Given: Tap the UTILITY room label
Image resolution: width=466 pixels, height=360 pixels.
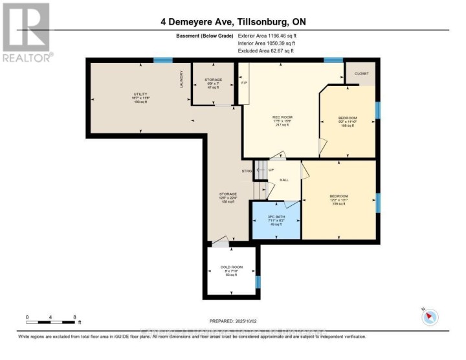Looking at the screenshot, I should pyautogui.click(x=131, y=95).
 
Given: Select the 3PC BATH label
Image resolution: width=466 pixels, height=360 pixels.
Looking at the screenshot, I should pyautogui.click(x=276, y=216).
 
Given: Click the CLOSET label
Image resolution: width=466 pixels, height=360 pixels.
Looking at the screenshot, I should pyautogui.click(x=361, y=74).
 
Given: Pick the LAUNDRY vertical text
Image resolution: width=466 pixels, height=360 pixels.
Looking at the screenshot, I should pyautogui.click(x=182, y=80).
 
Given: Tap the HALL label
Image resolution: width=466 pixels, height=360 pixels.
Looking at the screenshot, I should pyautogui.click(x=283, y=180).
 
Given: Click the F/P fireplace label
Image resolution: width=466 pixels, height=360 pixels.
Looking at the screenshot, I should pyautogui.click(x=244, y=83).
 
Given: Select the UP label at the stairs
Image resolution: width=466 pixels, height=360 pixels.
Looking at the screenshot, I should pyautogui.click(x=271, y=170).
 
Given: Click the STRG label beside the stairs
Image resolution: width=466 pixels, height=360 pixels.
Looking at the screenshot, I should pyautogui.click(x=247, y=171).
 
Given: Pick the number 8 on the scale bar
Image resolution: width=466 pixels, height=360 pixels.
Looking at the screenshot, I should pyautogui.click(x=75, y=317).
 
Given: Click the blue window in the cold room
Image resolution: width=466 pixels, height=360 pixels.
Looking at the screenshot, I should pyautogui.click(x=258, y=282).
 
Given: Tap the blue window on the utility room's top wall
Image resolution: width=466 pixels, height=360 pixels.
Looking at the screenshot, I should pyautogui.click(x=162, y=60).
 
